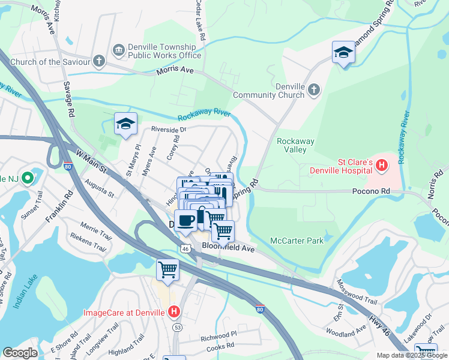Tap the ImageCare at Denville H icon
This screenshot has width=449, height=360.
pyautogui.click(x=174, y=311)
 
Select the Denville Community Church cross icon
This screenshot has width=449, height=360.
pyautogui.click(x=313, y=90)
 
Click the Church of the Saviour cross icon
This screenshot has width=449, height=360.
pyautogui.click(x=98, y=61)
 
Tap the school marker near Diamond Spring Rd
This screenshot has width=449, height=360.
pyautogui.click(x=343, y=53)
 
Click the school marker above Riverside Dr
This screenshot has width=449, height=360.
pyautogui.click(x=125, y=124)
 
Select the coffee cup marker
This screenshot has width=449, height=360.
pyautogui.click(x=185, y=220)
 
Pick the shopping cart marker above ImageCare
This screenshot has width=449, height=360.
pyautogui.click(x=167, y=269)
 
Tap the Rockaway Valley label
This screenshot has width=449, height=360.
pyautogui.click(x=295, y=145)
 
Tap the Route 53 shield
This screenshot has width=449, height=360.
pyautogui.click(x=178, y=328)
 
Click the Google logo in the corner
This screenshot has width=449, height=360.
pyautogui.click(x=20, y=353)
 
